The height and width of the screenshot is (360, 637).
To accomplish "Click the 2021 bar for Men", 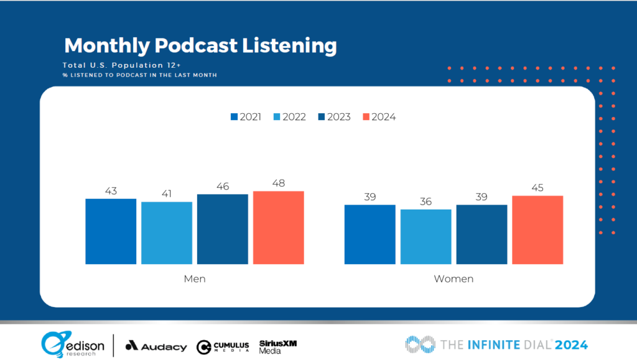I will [111, 231].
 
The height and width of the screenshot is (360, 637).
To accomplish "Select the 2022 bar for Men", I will [167, 233].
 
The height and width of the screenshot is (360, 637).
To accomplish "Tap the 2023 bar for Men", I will [223, 229].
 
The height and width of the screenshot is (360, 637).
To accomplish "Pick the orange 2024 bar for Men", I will [279, 228].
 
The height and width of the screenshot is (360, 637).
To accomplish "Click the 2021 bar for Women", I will [370, 234].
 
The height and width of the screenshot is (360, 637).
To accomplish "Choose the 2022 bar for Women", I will [426, 237].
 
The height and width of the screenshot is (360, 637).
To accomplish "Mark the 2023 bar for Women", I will [481, 234].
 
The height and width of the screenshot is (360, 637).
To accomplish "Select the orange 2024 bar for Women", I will [537, 230].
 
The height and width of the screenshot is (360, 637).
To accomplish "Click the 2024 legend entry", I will [379, 117].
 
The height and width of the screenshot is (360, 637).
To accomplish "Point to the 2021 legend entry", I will [246, 117].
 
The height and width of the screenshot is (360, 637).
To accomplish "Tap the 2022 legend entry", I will [290, 117].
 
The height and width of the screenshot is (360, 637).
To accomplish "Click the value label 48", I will [279, 183].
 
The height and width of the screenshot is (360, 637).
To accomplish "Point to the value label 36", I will [426, 202].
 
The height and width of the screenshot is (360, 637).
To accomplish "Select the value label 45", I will [537, 188].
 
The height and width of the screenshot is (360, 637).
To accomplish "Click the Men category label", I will [195, 279].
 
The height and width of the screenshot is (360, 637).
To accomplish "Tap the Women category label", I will [453, 279].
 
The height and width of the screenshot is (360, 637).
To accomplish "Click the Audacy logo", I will [156, 346].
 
